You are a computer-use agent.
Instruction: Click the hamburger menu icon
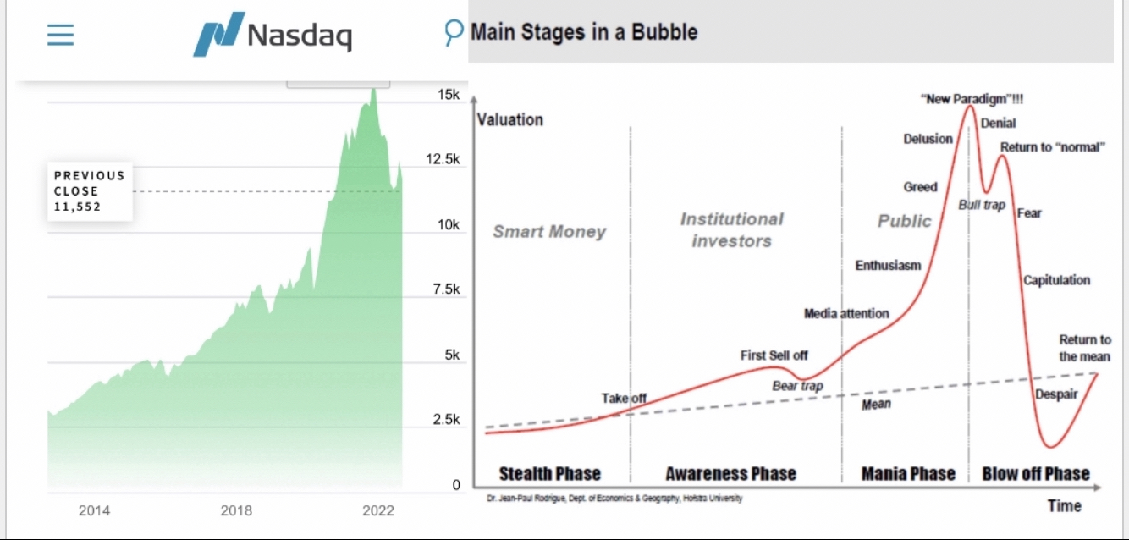(x=60, y=35)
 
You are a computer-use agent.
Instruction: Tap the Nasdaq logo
(x=273, y=36)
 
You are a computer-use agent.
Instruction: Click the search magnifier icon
(x=454, y=33)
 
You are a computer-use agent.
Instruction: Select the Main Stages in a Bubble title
(x=584, y=33)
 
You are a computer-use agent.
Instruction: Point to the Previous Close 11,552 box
(x=90, y=191)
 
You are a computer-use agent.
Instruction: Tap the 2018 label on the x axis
(x=236, y=510)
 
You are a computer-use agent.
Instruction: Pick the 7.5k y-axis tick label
(x=444, y=290)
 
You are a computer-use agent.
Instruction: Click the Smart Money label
(x=549, y=231)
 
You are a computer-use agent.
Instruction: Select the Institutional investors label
(x=731, y=229)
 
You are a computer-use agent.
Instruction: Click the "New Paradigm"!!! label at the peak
(x=972, y=99)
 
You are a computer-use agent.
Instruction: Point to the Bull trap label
(x=981, y=205)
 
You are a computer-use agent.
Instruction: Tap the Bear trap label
(x=797, y=386)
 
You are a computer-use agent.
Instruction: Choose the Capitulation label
(x=1056, y=280)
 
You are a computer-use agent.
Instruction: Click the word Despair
(x=1057, y=394)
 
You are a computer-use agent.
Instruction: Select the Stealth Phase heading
(x=549, y=473)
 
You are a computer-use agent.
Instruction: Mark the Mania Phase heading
(x=907, y=473)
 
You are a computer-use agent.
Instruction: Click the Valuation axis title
(x=510, y=119)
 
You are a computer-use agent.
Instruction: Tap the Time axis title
(x=1064, y=505)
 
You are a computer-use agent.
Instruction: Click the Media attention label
(x=846, y=314)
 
